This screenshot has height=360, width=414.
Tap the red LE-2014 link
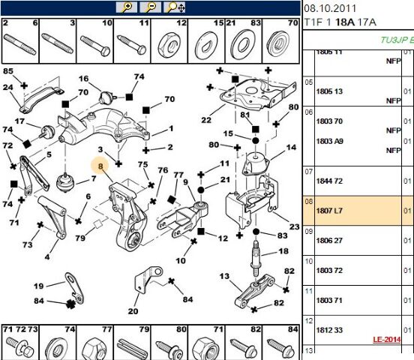pyautogui.click(x=388, y=339)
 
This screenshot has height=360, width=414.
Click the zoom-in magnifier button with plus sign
pyautogui.click(x=127, y=7)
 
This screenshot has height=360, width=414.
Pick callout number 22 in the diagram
pyautogui.click(x=207, y=119)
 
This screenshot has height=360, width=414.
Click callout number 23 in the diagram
pyautogui.click(x=293, y=226)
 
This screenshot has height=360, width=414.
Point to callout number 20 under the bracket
pyautogui.click(x=133, y=312)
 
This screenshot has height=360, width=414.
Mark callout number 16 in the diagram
pyautogui.click(x=84, y=79)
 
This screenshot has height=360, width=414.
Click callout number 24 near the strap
pyautogui.click(x=8, y=87)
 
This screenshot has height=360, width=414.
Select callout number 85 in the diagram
pyautogui.click(x=8, y=71)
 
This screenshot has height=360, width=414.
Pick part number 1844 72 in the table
pyautogui.click(x=328, y=181)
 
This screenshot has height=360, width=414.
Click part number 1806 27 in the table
pyautogui.click(x=328, y=241)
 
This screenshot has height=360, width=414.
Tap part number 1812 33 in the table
pyautogui.click(x=328, y=328)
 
